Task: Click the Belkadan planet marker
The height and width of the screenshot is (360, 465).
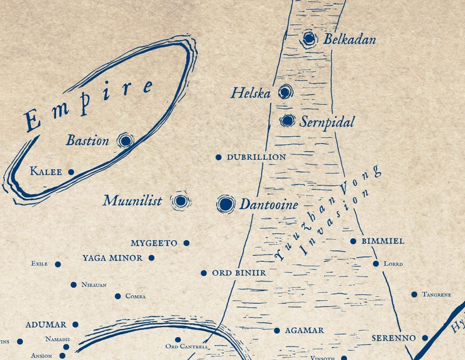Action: (x=309, y=39)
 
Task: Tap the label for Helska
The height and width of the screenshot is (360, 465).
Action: (x=250, y=92)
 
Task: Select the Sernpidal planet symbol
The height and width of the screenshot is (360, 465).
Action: (x=287, y=121)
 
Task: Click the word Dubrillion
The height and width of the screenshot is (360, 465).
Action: (x=257, y=157)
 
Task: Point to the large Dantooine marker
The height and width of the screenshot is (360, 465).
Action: (x=225, y=204)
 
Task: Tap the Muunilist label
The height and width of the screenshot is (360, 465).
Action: (x=132, y=201)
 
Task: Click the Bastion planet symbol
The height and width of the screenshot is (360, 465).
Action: (x=125, y=140)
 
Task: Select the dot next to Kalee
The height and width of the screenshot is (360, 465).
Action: (x=71, y=172)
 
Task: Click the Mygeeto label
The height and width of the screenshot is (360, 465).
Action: (x=154, y=243)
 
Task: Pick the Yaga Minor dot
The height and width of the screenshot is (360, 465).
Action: (x=151, y=258)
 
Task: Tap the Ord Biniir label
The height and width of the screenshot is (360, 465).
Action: (x=239, y=273)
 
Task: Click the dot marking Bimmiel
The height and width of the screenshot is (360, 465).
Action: (x=353, y=241)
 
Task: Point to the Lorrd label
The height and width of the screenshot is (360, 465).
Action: (x=393, y=264)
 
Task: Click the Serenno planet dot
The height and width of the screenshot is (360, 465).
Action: (x=425, y=338)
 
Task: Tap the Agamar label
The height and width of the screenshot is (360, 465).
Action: (x=304, y=331)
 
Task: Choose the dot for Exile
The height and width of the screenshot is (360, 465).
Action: (x=57, y=264)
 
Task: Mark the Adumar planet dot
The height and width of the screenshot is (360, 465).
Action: (x=75, y=324)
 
